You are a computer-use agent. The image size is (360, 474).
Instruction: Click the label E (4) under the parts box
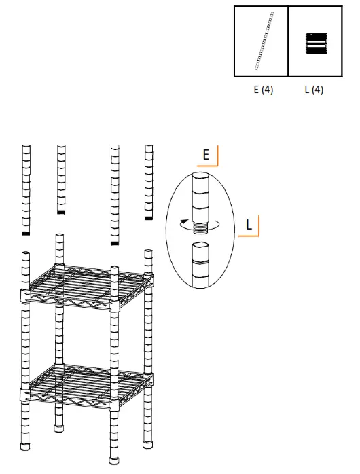(x=263, y=90)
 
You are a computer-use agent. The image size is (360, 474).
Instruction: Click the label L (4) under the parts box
(x=314, y=90)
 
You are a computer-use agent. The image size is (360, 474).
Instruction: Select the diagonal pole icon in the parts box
(x=264, y=41)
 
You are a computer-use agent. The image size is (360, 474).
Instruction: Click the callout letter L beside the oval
(x=249, y=225)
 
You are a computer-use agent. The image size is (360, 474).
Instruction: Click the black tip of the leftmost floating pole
(x=26, y=233)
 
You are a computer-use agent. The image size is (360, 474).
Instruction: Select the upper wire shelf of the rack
(x=87, y=285)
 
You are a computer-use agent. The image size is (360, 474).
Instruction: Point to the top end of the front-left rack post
(x=26, y=255)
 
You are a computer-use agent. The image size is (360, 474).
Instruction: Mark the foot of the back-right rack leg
(x=148, y=445)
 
